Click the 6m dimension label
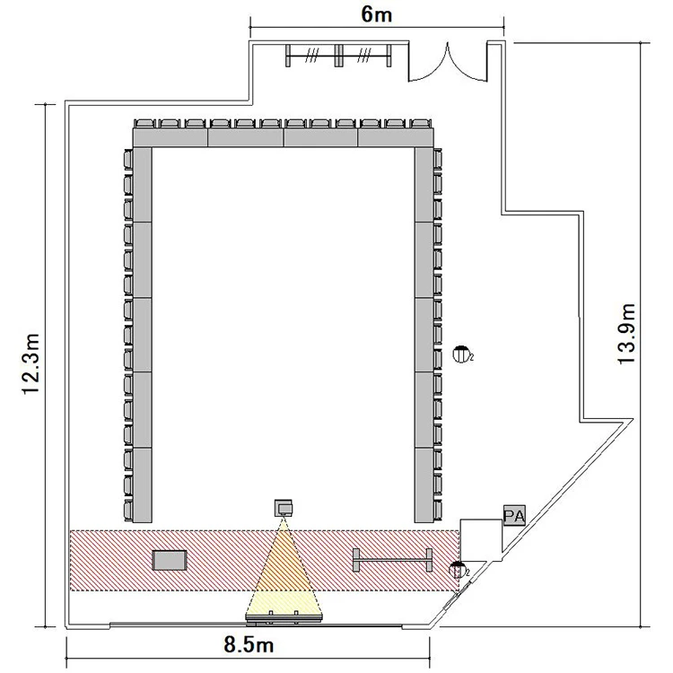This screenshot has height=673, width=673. (376, 14)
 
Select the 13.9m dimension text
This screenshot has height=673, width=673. (626, 334)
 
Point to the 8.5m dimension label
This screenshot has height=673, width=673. (249, 644)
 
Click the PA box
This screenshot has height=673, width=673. (514, 515)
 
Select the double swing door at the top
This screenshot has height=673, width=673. (448, 63)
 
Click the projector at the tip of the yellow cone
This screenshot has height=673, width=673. (284, 508)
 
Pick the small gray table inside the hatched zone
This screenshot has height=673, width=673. (170, 561)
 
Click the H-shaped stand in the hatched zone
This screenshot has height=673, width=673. (392, 560)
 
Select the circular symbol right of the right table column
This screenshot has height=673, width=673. (460, 354)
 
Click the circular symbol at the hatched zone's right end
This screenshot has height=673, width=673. (457, 570)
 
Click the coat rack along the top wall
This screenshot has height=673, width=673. (338, 56)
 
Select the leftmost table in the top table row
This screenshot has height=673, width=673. (170, 138)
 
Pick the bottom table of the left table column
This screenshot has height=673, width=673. (142, 485)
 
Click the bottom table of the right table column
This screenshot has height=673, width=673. (424, 485)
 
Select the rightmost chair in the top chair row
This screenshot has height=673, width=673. (421, 124)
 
